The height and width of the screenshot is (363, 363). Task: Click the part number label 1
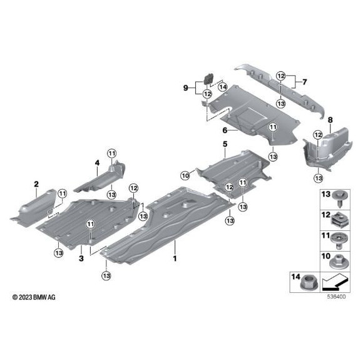tap(175, 258)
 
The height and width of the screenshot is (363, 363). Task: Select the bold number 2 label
tap(36, 183)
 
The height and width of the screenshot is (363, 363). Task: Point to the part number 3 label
tap(81, 257)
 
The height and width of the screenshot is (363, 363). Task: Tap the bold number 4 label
tap(97, 162)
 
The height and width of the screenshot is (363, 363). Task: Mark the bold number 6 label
tap(223, 131)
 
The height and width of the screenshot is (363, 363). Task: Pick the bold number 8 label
tap(330, 120)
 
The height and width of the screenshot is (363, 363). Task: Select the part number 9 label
tap(185, 88)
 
